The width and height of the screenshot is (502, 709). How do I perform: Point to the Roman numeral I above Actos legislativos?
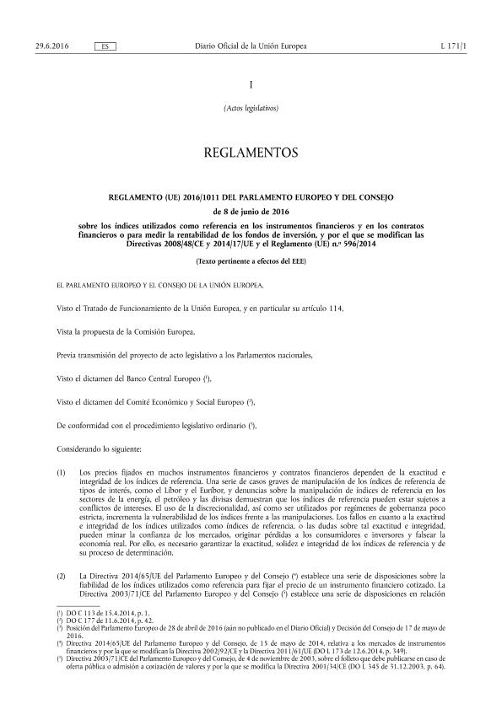[x=251, y=85]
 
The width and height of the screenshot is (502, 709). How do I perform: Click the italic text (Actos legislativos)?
[x=251, y=107]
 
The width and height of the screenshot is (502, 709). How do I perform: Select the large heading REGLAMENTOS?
[x=251, y=153]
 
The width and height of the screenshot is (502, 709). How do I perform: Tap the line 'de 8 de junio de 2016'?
[x=251, y=211]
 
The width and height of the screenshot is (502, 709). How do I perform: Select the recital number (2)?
[x=60, y=576]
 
